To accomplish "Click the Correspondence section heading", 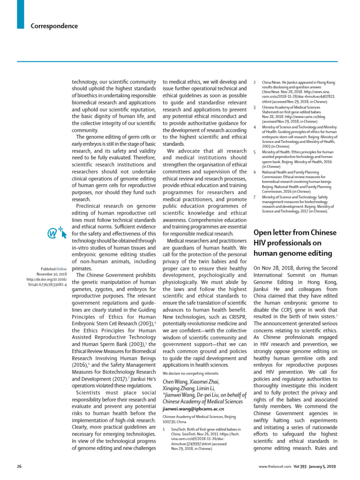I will click(x=54, y=26).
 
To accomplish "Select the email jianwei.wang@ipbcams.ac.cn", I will click(x=192, y=409).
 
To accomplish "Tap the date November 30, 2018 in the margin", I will click(x=53, y=273).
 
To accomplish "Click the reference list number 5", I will click(x=254, y=152).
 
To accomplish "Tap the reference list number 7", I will click(x=254, y=197).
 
